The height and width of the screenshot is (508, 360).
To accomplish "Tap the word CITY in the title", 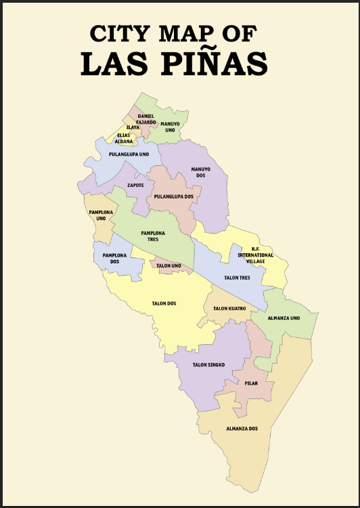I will point(120,33).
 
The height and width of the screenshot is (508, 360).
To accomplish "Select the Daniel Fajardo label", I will point(145,119).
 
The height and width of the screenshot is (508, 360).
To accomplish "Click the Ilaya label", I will point(133,127).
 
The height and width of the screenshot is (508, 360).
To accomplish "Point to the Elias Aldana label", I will point(124,138).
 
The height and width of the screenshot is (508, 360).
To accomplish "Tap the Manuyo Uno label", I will point(170,127).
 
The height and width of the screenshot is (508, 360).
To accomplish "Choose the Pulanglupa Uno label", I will point(129,154).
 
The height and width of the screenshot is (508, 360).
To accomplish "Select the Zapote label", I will point(135,185).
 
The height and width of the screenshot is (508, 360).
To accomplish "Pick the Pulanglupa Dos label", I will point(173,196).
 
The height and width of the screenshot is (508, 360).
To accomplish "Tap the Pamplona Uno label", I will point(100,215).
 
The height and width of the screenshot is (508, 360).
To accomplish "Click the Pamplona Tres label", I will point(154,236).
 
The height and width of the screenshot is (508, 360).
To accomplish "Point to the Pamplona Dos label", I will point(111,258).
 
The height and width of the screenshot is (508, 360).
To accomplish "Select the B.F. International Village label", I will point(255,255).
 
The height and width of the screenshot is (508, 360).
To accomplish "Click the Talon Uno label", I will point(168,266).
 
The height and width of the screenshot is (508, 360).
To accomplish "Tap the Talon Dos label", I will point(164,303).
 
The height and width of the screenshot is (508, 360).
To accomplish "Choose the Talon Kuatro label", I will point(229,309).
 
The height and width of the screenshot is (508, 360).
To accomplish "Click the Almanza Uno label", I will point(283,318).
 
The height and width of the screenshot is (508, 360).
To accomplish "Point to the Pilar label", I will point(251,383).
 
